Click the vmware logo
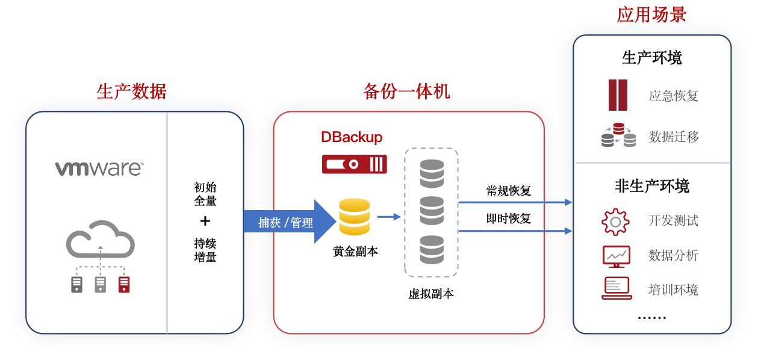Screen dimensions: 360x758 click(x=99, y=168)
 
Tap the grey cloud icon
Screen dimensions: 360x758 click(x=100, y=240)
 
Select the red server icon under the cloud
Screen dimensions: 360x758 click(x=124, y=284)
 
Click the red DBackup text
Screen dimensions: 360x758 click(x=352, y=137)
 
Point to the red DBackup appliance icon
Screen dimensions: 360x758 click(x=354, y=164)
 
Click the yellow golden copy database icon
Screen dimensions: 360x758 click(x=354, y=217)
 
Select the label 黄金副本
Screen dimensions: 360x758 click(x=355, y=252)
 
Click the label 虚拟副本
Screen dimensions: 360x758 click(x=430, y=294)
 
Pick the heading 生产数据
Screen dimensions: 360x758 click(x=132, y=91)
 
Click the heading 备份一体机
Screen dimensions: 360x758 click(x=406, y=91)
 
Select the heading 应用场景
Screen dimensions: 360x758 click(x=651, y=14)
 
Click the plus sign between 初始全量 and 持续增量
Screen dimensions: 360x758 click(x=205, y=221)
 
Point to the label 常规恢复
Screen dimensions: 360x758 click(x=508, y=191)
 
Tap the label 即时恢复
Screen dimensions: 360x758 click(x=508, y=219)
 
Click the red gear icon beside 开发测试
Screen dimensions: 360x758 click(x=615, y=222)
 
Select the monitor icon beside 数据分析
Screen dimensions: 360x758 click(x=616, y=256)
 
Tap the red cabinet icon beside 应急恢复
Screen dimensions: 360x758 click(x=618, y=95)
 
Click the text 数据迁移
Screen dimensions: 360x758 click(x=674, y=137)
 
